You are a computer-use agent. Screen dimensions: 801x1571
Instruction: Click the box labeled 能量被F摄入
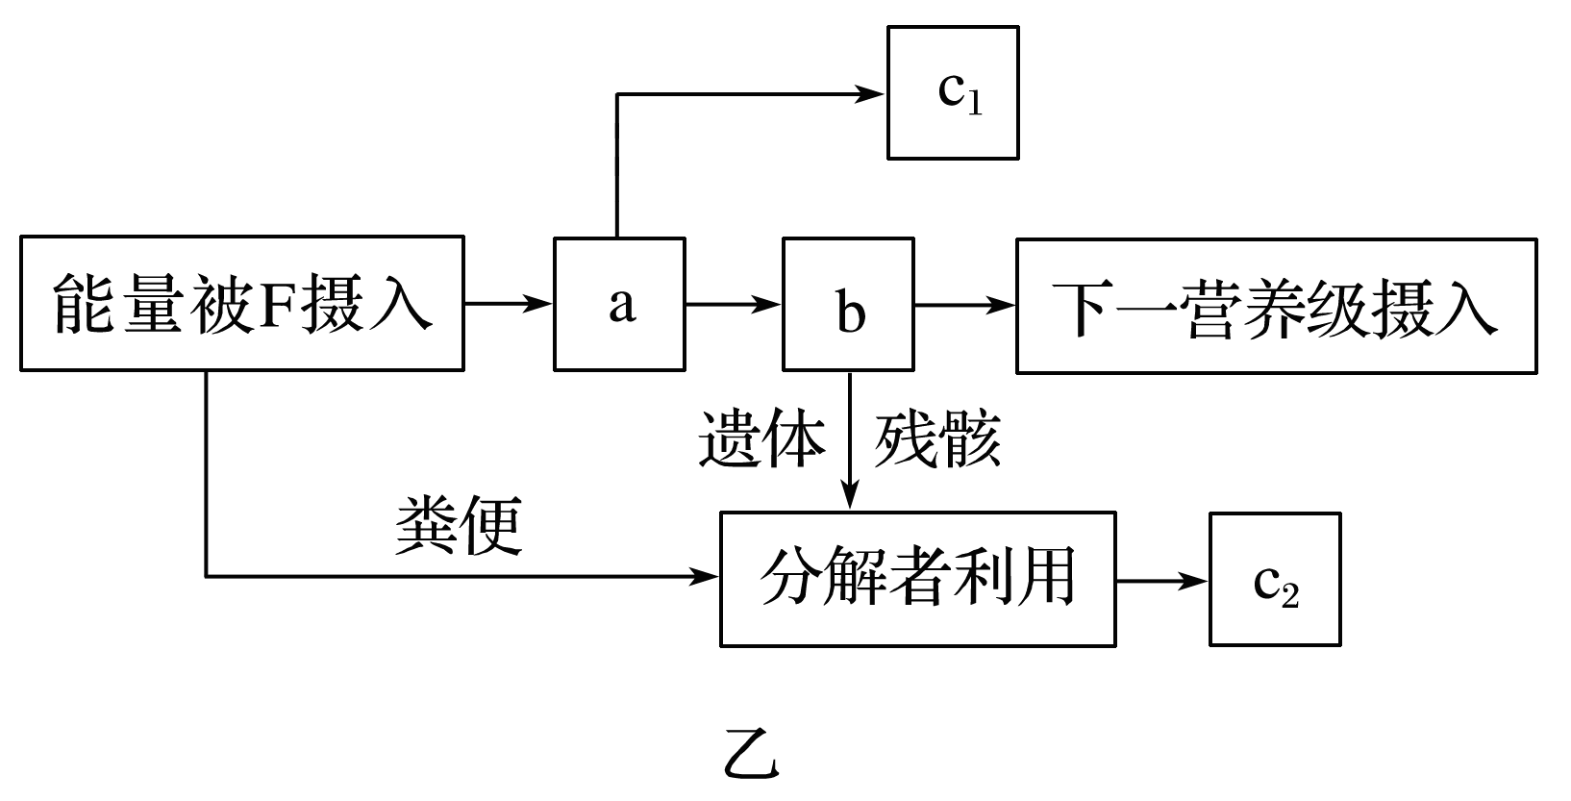point(241,303)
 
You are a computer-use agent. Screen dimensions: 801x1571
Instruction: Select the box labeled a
point(619,304)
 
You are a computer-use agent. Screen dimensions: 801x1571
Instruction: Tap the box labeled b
point(848,304)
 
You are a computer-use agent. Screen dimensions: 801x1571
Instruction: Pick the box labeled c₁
point(952,92)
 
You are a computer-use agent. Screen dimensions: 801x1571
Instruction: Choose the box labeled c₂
point(1274,579)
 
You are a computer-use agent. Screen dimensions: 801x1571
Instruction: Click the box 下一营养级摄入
point(1276,306)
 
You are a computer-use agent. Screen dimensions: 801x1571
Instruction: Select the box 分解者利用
point(917,579)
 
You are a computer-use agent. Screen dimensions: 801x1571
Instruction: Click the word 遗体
point(761,440)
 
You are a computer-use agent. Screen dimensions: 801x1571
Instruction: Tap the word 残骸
point(937,440)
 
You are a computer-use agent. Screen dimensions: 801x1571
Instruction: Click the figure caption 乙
point(752,757)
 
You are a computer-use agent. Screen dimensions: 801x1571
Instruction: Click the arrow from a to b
point(734,304)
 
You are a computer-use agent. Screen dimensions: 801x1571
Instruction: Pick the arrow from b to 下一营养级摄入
point(964,305)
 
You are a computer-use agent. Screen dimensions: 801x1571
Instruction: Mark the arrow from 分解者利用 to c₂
point(1161,580)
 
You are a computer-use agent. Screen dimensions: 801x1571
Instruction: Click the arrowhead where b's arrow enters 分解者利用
point(849,498)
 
